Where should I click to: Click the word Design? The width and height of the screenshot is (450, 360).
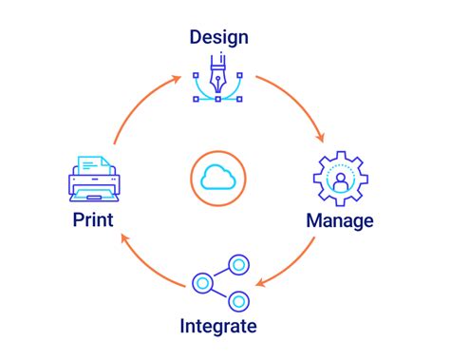pyautogui.click(x=218, y=38)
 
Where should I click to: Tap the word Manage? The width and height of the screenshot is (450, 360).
pyautogui.click(x=339, y=220)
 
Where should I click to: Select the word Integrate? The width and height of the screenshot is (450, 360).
pyautogui.click(x=218, y=327)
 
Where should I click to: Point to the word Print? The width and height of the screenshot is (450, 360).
pyautogui.click(x=92, y=220)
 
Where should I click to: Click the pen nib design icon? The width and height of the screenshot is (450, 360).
pyautogui.click(x=218, y=82)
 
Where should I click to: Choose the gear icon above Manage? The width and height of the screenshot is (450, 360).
pyautogui.click(x=339, y=179)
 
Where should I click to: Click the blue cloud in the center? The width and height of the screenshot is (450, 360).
pyautogui.click(x=219, y=177)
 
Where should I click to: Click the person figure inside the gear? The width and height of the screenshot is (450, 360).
pyautogui.click(x=339, y=180)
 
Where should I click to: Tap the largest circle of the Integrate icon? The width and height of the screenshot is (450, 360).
pyautogui.click(x=201, y=282)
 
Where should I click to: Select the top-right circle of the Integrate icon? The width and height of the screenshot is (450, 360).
pyautogui.click(x=237, y=264)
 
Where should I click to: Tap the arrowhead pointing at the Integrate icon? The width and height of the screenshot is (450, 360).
pyautogui.click(x=263, y=282)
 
